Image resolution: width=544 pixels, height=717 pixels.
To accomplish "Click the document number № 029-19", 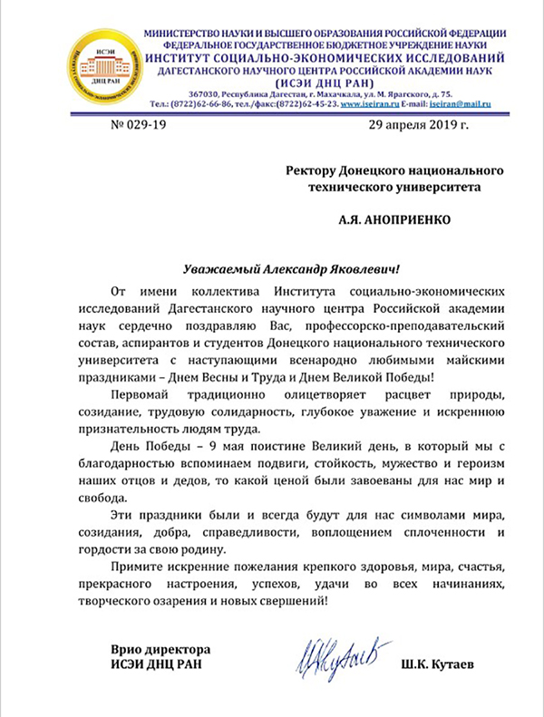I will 120,127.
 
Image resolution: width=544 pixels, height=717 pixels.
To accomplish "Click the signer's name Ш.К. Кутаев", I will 442,666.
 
